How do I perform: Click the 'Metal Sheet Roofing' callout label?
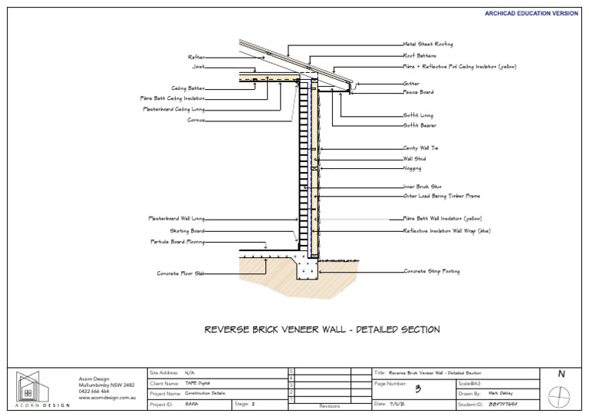click(428, 45)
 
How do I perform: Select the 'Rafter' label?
click(196, 57)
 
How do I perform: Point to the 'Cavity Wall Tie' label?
click(420, 148)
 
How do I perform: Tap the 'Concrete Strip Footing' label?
click(432, 271)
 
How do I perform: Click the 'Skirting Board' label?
click(187, 230)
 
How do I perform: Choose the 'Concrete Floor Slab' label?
click(181, 273)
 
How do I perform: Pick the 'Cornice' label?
click(196, 121)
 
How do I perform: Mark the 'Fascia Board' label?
click(418, 92)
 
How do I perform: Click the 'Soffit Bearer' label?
click(420, 125)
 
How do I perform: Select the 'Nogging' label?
click(412, 168)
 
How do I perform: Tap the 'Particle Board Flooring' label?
click(177, 241)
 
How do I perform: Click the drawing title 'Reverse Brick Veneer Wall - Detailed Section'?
click(322, 329)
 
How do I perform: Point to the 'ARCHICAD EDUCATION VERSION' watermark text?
click(531, 13)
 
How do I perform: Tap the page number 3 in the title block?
click(418, 389)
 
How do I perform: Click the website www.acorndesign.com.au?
click(107, 399)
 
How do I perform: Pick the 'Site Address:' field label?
click(164, 372)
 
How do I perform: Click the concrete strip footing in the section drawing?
click(309, 269)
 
